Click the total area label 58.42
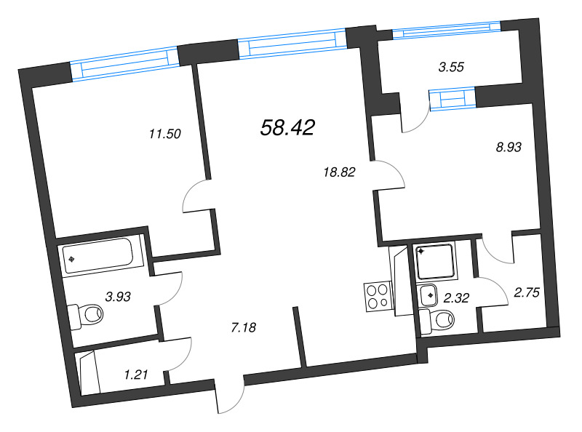click(287, 127)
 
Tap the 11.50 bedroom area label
click(165, 134)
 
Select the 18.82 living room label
click(340, 172)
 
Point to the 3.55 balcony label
click(451, 67)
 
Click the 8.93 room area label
click(509, 148)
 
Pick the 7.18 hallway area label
click(244, 327)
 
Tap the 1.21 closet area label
click(136, 375)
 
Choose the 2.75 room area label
click(527, 292)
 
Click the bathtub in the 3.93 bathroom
click(98, 255)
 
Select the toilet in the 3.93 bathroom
click(86, 315)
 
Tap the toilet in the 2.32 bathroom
click(437, 320)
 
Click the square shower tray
click(436, 262)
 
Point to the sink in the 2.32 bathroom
click(428, 295)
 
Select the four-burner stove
click(378, 297)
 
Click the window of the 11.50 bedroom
click(124, 63)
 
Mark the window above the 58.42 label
click(293, 43)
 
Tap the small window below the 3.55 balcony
click(453, 99)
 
